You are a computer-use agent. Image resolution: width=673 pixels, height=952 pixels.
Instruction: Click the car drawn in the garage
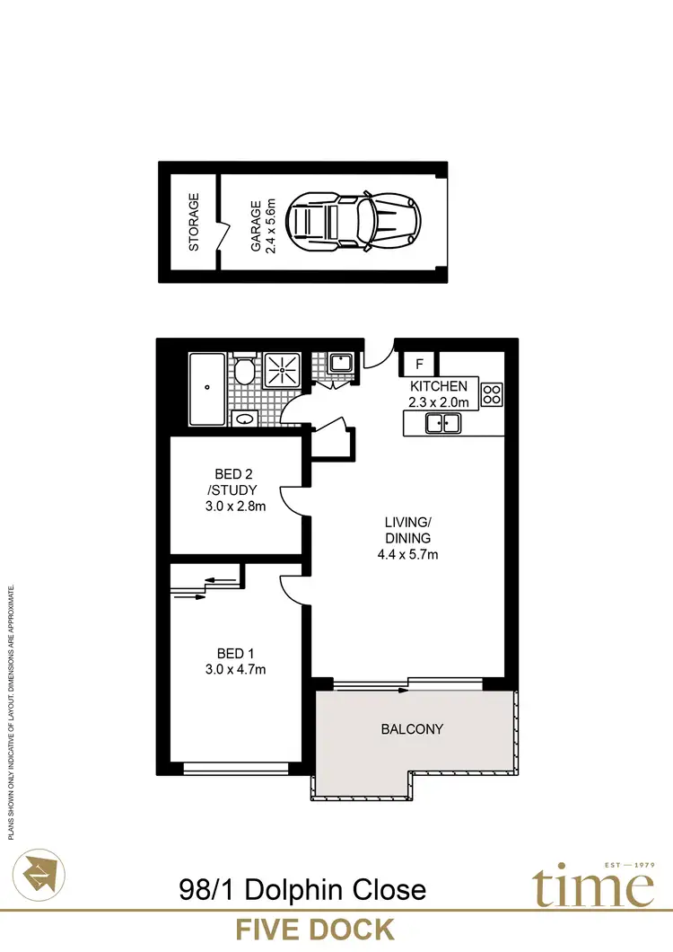coord(353,221)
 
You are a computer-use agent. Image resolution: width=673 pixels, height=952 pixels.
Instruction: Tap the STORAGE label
coord(193,222)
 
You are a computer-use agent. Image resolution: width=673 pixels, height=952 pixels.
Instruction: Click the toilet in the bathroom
coord(242,370)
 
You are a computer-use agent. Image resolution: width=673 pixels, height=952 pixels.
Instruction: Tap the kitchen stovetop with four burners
coord(493,392)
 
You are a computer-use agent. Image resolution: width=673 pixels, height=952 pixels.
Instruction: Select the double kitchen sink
coord(443,423)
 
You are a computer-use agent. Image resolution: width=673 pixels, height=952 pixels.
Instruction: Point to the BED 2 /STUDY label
coord(236,482)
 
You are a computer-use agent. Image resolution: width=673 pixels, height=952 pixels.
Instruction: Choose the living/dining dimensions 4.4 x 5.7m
coord(408,554)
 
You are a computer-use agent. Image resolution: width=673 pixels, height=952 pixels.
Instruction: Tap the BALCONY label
coord(412,729)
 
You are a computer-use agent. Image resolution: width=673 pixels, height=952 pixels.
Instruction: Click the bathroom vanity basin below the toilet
coord(242,418)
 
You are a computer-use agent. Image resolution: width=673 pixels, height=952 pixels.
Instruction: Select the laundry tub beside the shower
coord(340,363)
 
